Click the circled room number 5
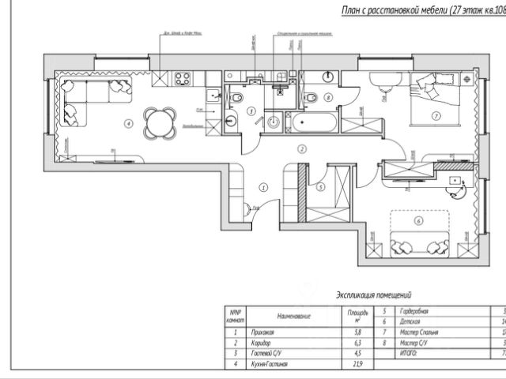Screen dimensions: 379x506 pos(319,188)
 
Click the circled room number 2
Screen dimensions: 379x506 pos(301,148)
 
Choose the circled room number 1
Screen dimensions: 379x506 pos(263,187)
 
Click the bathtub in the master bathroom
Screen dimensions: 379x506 pos(314,123)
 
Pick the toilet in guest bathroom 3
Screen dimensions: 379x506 pos(239,96)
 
